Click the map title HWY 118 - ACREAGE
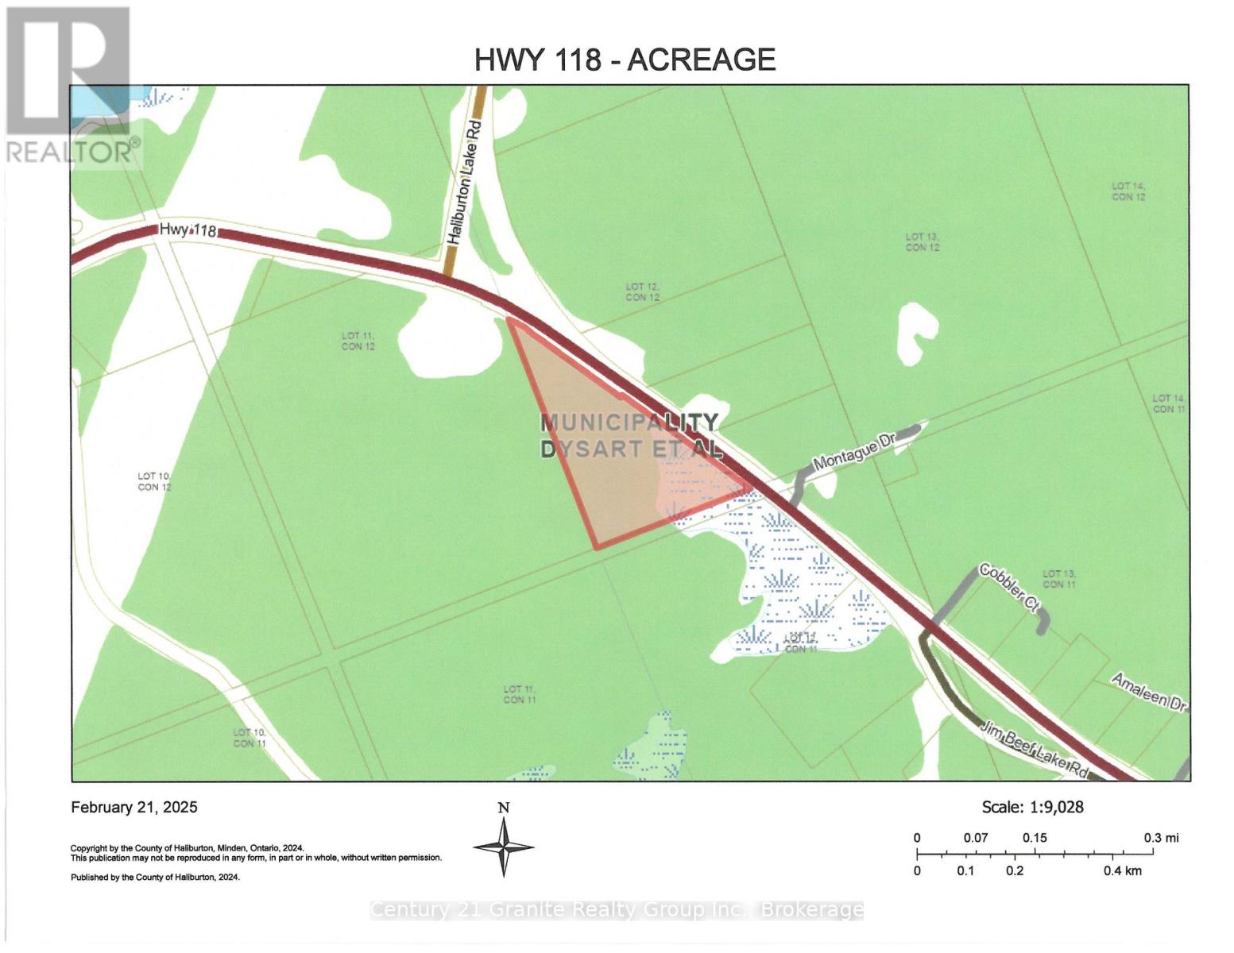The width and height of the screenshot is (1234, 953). tap(625, 60)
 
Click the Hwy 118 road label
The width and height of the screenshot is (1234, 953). tap(188, 230)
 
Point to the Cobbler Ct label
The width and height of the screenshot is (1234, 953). tap(1009, 588)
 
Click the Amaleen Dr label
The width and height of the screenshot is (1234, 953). tap(1148, 692)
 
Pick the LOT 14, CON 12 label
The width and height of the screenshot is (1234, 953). tap(1128, 191)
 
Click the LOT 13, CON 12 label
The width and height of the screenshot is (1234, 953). tap(923, 242)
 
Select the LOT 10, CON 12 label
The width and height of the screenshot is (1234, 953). tap(154, 481)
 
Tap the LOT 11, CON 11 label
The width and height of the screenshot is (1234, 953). tap(520, 694)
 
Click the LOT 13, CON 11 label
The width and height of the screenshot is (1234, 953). tap(1059, 579)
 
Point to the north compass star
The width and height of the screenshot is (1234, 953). tap(504, 847)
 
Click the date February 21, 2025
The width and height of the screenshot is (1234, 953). tap(134, 808)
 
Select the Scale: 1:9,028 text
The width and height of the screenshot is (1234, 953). tap(1032, 807)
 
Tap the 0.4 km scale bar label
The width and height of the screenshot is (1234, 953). tap(1122, 871)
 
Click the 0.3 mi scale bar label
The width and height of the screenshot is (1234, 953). tap(1161, 838)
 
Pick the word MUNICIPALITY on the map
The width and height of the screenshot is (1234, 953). tap(629, 422)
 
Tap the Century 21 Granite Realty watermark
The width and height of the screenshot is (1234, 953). tap(617, 910)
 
